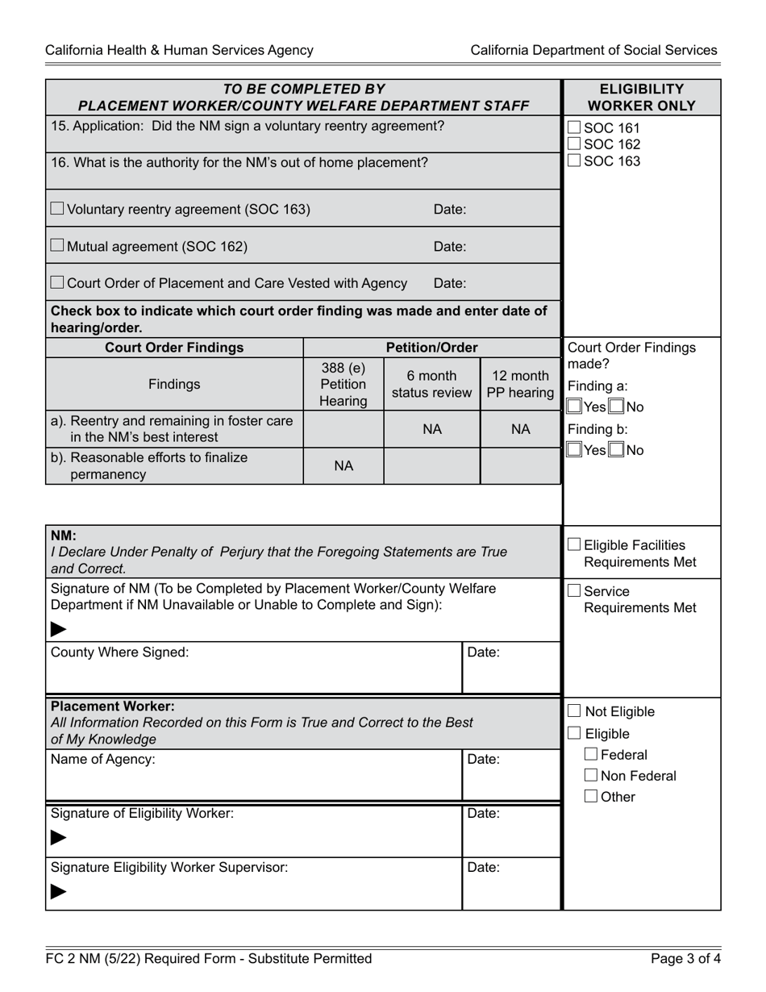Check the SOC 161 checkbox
point(573,127)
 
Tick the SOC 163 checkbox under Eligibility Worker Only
point(573,160)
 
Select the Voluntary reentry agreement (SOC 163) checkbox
point(57,209)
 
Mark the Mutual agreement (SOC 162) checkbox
point(57,246)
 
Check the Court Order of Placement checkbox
point(57,282)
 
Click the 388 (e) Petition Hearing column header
point(343,385)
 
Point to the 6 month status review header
point(431,385)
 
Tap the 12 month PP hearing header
point(520,385)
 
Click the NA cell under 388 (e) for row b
point(343,466)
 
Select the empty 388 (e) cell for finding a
point(343,429)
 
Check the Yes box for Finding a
point(573,407)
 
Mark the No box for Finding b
point(617,450)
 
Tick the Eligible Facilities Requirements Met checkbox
point(573,545)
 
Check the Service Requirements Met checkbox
point(573,591)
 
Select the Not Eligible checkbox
point(573,711)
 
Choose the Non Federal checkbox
point(591,776)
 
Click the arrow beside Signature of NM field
point(58,629)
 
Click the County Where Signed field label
point(119,652)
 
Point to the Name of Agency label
point(102,759)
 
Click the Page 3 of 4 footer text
point(684,959)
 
